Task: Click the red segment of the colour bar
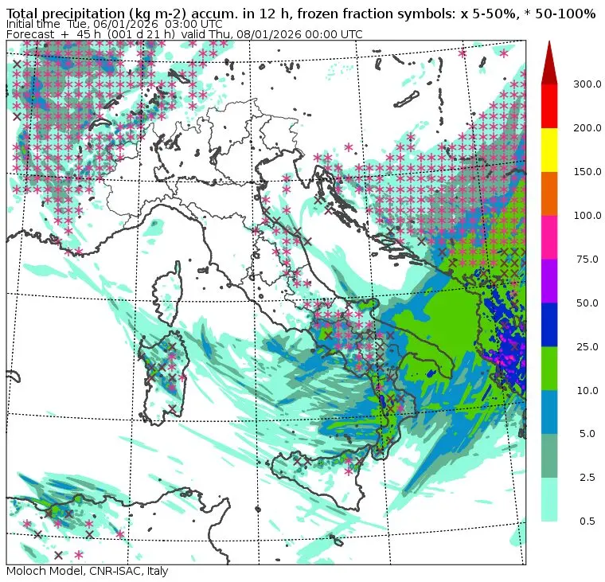click(549, 106)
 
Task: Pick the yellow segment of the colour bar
click(549, 150)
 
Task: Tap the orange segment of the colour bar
click(549, 193)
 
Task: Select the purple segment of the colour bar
click(549, 280)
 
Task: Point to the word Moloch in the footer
click(25, 571)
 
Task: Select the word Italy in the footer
click(154, 571)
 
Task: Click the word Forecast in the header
click(30, 34)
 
